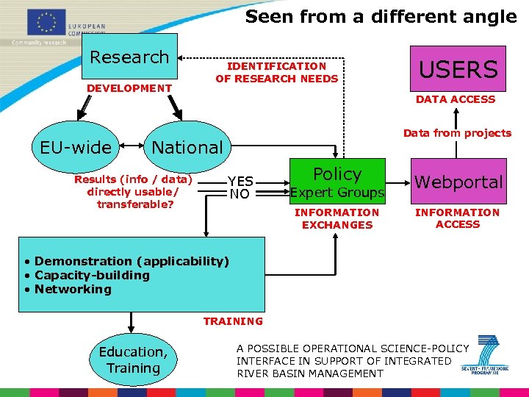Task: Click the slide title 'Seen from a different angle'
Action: pos(381,17)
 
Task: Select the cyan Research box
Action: pos(129,57)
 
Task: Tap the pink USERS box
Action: pos(458,69)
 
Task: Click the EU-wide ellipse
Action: pos(76,147)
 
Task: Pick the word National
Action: pos(187,147)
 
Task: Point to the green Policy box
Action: pos(337,181)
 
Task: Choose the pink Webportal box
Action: pos(458,182)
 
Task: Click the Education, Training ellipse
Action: pos(133,360)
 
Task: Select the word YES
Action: pos(240,182)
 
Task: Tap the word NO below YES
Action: pos(240,195)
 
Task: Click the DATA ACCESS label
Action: pos(456,99)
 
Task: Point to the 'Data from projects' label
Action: pos(457,133)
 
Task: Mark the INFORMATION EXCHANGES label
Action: pos(337,218)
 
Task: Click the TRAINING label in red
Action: pos(233,321)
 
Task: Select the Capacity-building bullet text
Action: pos(92,275)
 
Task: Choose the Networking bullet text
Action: pos(73,289)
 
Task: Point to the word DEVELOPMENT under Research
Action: pos(129,88)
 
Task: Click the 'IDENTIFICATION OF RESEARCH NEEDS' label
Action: pos(276,72)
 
